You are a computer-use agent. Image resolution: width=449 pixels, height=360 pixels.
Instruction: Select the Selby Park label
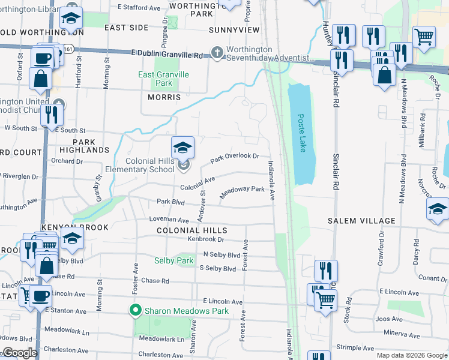[173, 260]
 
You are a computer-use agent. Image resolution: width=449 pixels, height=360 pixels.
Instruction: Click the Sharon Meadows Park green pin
[136, 311]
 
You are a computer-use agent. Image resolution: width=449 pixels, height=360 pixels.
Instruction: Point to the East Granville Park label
[163, 79]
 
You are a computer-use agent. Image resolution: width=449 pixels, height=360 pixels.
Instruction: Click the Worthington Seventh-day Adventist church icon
[217, 53]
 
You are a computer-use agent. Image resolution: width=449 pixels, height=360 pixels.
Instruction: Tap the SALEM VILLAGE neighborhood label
[361, 221]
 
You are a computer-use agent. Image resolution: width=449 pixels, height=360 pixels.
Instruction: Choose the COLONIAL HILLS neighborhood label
[192, 230]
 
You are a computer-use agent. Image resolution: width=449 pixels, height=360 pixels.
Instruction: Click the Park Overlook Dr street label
[235, 157]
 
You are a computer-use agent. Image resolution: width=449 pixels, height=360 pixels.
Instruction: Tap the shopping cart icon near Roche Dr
[424, 37]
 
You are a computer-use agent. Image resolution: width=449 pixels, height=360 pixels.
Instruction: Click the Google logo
[19, 353]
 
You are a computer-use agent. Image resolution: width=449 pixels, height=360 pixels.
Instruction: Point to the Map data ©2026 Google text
[411, 355]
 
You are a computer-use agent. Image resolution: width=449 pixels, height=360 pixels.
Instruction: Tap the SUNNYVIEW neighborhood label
[234, 29]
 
